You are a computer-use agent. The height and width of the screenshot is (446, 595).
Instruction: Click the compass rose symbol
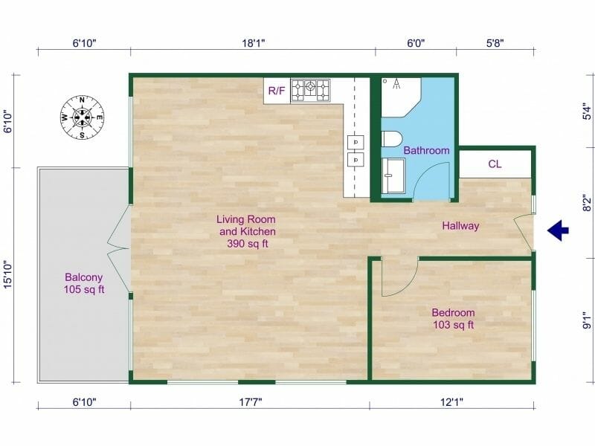[82, 117]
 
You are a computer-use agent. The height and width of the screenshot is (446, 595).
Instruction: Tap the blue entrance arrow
[558, 231]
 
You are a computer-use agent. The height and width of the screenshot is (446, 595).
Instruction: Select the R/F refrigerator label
[277, 91]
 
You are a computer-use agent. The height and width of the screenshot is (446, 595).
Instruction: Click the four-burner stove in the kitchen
[310, 90]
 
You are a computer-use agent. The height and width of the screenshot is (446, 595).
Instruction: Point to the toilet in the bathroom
[390, 138]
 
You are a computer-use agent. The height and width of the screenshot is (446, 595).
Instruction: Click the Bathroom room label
[426, 150]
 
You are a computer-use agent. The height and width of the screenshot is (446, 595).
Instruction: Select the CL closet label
[495, 164]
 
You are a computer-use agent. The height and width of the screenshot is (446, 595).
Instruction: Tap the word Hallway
[460, 226]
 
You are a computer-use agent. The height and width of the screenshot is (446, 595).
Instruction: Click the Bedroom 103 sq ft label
[453, 319]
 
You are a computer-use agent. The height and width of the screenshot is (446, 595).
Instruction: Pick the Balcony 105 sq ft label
[84, 283]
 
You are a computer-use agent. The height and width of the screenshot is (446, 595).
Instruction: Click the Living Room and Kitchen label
[246, 231]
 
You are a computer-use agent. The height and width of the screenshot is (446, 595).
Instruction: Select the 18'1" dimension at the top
[254, 43]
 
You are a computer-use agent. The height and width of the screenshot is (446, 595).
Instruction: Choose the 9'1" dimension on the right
[587, 321]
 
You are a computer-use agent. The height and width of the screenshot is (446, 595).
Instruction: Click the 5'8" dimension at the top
[495, 43]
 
